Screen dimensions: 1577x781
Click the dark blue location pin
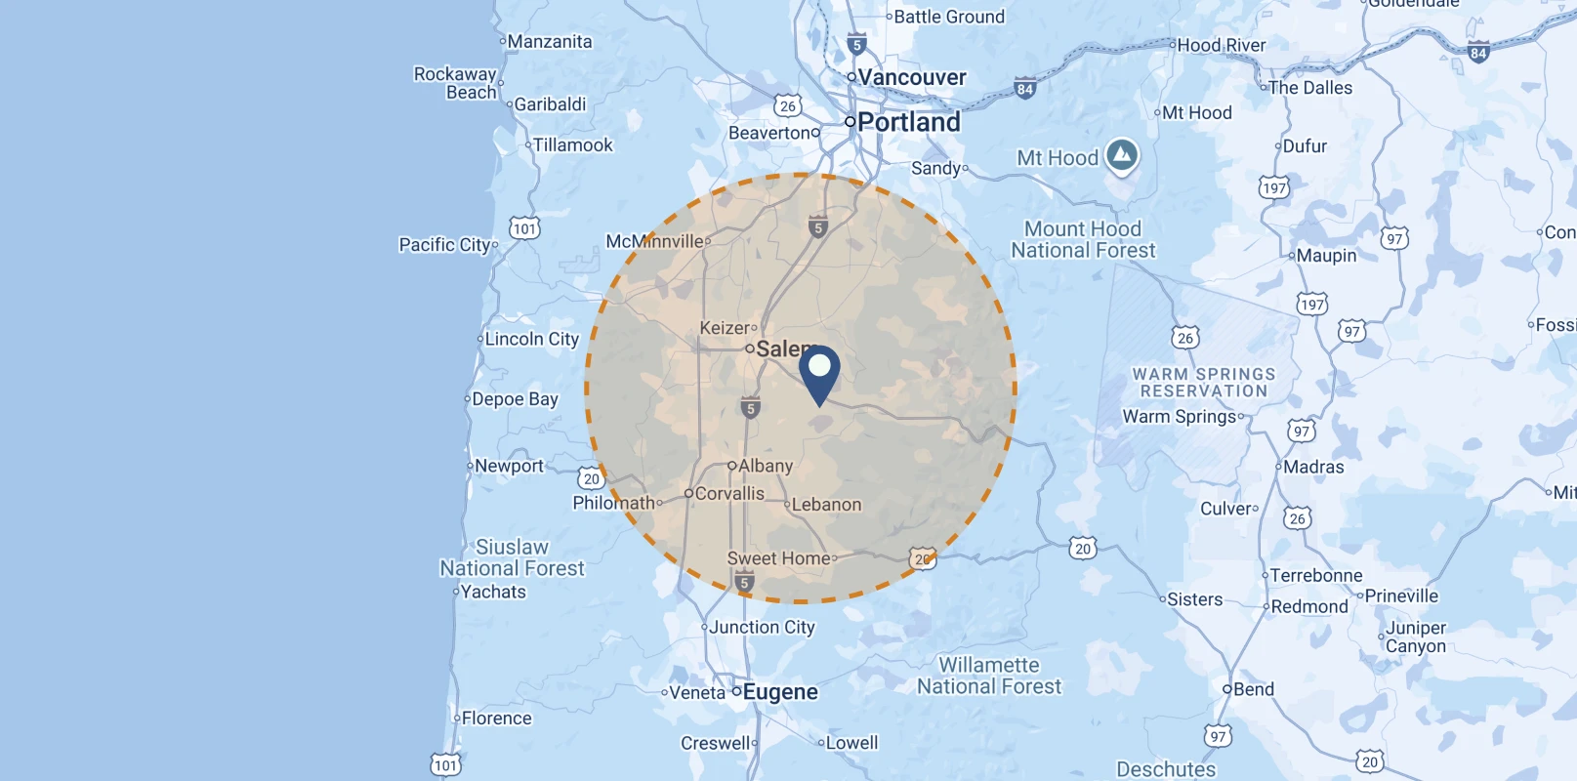[x=819, y=372]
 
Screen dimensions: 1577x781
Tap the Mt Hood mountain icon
[x=1122, y=155]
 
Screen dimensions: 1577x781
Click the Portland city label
[x=908, y=122]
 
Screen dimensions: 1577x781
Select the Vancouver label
[x=911, y=77]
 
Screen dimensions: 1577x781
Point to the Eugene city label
[x=779, y=692]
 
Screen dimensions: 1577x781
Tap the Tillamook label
[x=572, y=145]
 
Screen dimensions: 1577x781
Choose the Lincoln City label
[x=531, y=339]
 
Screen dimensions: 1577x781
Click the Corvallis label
[x=728, y=494]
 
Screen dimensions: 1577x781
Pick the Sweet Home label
[x=779, y=558]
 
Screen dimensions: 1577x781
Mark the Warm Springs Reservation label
[x=1203, y=383]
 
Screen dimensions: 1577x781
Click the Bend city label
[x=1253, y=689]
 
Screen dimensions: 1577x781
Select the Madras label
[x=1312, y=467]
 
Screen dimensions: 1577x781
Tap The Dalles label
[x=1309, y=88]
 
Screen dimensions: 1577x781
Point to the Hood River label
[x=1221, y=45]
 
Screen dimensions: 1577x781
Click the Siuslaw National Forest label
[x=512, y=557]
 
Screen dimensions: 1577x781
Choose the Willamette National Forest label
[x=988, y=676]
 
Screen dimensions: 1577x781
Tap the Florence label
[x=496, y=719]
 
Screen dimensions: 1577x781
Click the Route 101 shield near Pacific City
[x=524, y=228]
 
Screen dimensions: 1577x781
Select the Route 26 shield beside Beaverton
[x=788, y=105]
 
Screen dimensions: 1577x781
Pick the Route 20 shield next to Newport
[x=591, y=478]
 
